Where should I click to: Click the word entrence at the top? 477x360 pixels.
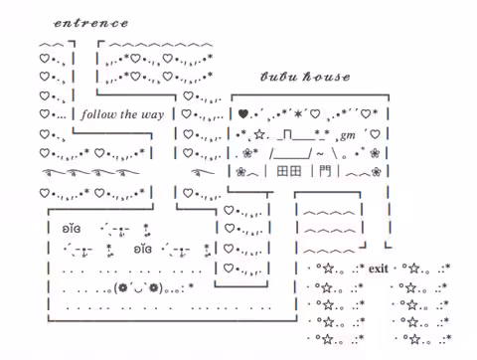(x=91, y=23)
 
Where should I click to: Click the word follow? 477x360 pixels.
(x=99, y=114)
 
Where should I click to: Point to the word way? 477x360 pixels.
(x=153, y=115)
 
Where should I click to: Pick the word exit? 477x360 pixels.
(x=378, y=269)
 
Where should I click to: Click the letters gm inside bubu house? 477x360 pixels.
(x=347, y=135)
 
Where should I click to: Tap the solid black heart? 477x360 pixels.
(x=243, y=114)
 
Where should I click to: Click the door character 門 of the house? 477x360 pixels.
(x=325, y=171)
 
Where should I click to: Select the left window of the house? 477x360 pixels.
(x=282, y=171)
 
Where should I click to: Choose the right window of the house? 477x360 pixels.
(x=295, y=171)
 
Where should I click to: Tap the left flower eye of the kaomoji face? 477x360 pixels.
(x=123, y=287)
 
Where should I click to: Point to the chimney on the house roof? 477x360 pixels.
(x=287, y=135)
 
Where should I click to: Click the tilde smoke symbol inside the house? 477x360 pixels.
(x=320, y=154)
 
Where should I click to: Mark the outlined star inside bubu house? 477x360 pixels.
(x=259, y=134)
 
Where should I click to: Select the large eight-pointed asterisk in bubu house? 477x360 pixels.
(x=298, y=114)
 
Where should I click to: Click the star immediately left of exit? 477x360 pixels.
(x=328, y=268)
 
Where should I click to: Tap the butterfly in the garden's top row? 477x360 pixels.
(x=72, y=229)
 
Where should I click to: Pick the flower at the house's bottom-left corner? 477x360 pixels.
(x=240, y=172)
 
